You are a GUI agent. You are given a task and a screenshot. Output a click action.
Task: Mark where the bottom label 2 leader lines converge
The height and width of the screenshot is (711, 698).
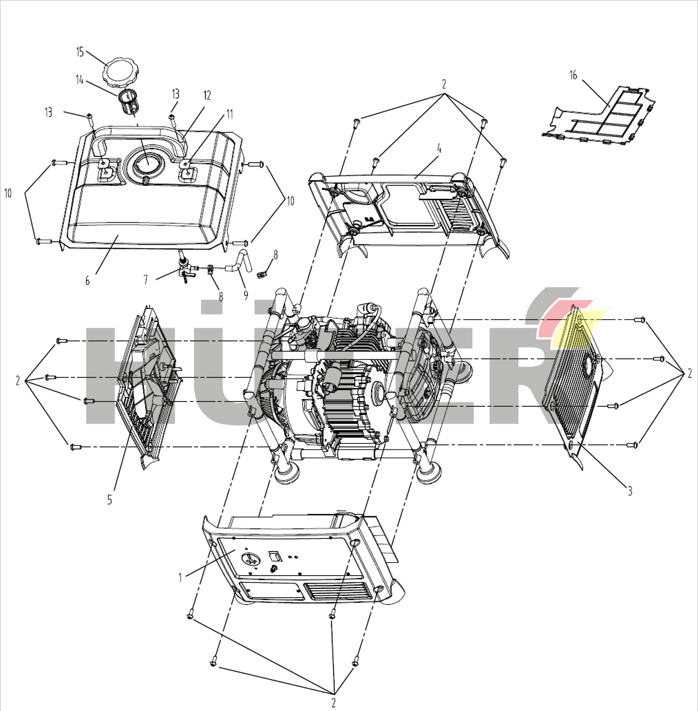334,693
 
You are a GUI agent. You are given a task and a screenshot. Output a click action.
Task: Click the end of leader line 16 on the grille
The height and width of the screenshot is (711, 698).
609,105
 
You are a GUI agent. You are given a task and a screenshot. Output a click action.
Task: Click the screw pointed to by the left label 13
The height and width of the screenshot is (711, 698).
90,116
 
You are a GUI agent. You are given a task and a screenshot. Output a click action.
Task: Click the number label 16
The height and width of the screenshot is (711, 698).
573,75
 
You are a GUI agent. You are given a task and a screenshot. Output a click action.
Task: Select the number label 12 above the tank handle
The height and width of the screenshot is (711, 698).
207,96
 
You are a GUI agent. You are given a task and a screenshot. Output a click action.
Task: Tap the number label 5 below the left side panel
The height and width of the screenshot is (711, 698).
110,500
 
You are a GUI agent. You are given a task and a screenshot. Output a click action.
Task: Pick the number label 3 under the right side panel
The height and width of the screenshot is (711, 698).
630,491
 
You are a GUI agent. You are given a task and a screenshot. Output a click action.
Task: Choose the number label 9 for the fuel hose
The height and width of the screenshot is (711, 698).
246,295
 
